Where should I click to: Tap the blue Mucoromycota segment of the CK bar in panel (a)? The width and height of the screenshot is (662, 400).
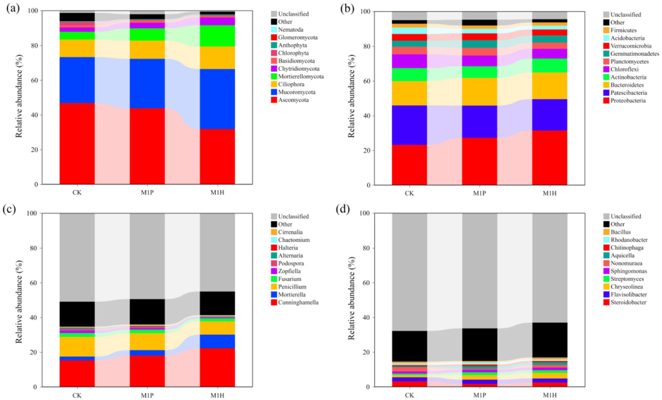coord(77,80)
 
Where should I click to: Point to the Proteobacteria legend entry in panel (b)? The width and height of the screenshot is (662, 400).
coord(627,100)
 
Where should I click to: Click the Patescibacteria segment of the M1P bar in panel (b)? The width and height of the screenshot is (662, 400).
coord(480,122)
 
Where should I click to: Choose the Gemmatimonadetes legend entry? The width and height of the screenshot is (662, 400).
coord(634,54)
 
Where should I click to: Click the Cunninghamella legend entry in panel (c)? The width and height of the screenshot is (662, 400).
coord(298,303)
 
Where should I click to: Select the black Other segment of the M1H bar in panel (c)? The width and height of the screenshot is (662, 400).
coord(217,303)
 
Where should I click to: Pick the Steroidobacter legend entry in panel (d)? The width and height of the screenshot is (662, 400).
coord(628,303)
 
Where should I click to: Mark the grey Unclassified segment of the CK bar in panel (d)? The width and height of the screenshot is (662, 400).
coord(409,272)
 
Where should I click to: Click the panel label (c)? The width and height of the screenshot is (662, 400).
coord(9,209)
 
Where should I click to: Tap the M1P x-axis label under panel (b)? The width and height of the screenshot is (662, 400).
coord(480,194)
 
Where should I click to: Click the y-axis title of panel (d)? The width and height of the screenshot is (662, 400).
coord(351,298)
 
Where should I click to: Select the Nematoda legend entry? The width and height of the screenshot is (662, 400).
coord(290,30)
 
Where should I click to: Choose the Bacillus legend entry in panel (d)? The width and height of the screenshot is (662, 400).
coord(620,232)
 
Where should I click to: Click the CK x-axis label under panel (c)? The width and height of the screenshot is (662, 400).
coord(77,395)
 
